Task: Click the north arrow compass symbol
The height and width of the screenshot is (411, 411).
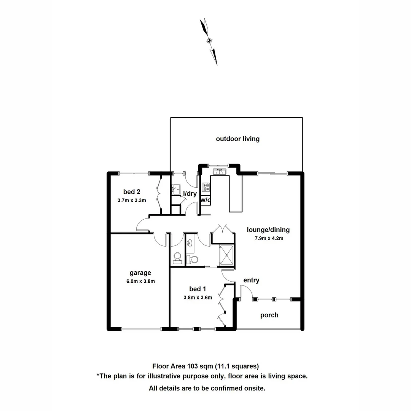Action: point(209,41)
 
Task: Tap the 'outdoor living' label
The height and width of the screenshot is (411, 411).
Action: point(237,139)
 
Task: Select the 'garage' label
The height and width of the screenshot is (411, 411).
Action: point(140,273)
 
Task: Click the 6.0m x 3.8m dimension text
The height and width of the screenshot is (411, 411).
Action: point(140,282)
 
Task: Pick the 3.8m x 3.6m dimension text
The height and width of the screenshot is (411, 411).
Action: point(198,298)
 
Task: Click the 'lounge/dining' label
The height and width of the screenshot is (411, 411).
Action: point(268,230)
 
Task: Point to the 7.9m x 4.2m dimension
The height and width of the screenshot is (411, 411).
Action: point(269,239)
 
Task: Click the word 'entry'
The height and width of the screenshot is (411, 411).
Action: point(251,280)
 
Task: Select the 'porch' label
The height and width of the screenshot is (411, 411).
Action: point(269,315)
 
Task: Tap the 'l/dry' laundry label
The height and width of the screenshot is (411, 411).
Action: point(190,194)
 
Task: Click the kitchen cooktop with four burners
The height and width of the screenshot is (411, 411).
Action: point(206,187)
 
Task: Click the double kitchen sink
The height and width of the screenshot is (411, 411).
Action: point(220,172)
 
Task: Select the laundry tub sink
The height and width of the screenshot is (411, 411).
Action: point(176,188)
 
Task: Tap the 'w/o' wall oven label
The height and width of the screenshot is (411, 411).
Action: point(205,200)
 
